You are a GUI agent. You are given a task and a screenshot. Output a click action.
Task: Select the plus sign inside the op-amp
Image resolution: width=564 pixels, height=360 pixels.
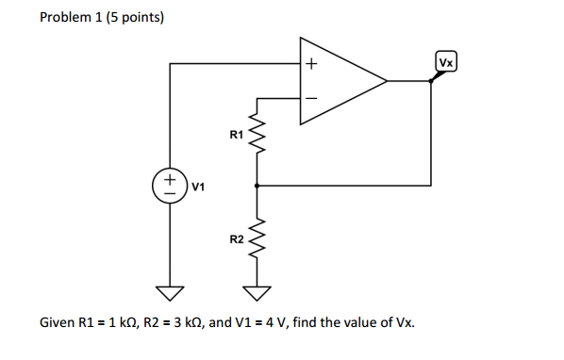pyautogui.click(x=311, y=65)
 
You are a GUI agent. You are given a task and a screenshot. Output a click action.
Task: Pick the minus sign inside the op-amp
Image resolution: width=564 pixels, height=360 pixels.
pyautogui.click(x=311, y=96)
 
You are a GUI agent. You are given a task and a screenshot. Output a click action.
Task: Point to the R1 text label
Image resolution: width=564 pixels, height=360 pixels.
pyautogui.click(x=237, y=136)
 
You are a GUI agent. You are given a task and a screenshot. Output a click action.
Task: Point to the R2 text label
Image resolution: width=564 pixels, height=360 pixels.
pyautogui.click(x=237, y=240)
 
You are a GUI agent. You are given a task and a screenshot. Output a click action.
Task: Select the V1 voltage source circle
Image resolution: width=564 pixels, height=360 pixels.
pyautogui.click(x=170, y=183)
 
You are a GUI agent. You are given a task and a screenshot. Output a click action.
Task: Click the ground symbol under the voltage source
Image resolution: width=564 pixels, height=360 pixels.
pyautogui.click(x=170, y=290)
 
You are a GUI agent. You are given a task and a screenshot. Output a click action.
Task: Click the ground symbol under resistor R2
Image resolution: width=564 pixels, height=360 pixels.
pyautogui.click(x=257, y=290)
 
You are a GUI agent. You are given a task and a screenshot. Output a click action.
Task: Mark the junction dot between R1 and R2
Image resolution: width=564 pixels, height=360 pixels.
pyautogui.click(x=257, y=186)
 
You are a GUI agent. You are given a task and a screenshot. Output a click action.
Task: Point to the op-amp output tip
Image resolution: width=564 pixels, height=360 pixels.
pyautogui.click(x=387, y=81)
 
